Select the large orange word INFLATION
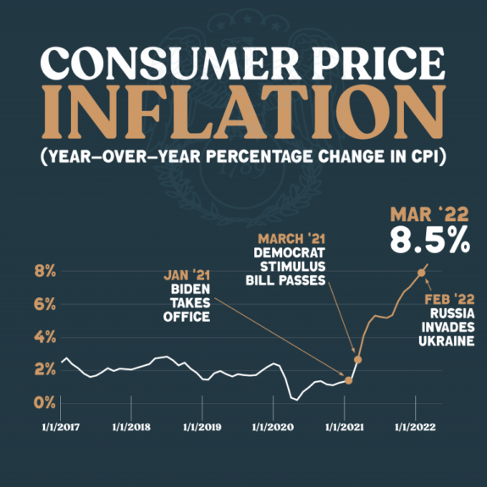point(243,119)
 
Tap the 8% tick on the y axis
point(44,271)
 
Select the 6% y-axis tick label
point(44,303)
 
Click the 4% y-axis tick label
point(44,336)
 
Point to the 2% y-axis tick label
point(44,369)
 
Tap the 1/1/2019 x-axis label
point(201,426)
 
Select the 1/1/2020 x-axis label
point(272,426)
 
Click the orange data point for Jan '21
point(348,380)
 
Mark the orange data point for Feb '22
point(421,273)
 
